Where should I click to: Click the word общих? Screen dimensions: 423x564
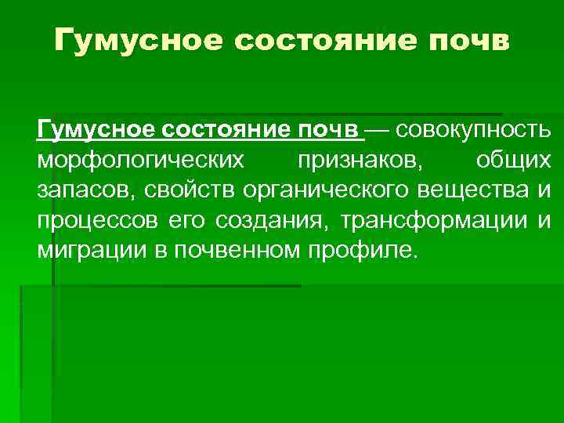pyautogui.click(x=513, y=159)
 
